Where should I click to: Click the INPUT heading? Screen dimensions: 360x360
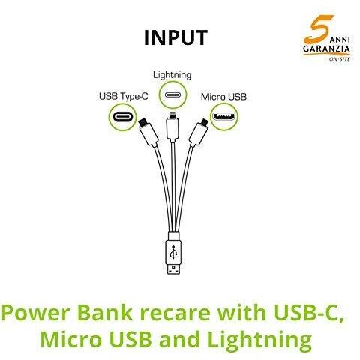(x=175, y=37)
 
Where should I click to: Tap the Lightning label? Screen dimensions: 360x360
(x=172, y=75)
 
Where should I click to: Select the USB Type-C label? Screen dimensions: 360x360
(x=124, y=97)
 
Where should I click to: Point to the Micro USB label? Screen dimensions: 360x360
(x=223, y=97)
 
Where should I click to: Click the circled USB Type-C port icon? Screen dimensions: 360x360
(x=122, y=117)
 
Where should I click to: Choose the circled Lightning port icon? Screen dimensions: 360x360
(x=173, y=95)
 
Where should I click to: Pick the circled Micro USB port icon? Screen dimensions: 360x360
(x=223, y=117)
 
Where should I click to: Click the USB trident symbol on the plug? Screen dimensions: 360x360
(x=173, y=251)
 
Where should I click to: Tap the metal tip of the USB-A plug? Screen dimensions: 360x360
(x=173, y=268)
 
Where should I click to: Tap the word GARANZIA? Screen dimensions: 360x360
(x=326, y=49)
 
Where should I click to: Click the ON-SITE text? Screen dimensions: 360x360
(x=340, y=59)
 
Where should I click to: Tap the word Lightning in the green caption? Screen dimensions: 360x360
(x=259, y=339)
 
